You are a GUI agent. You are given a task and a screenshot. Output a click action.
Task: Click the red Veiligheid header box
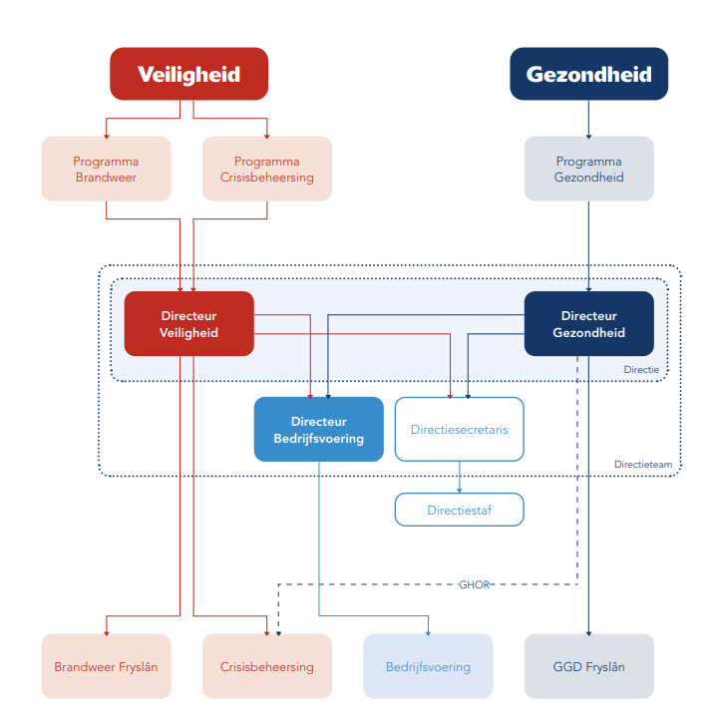(188, 74)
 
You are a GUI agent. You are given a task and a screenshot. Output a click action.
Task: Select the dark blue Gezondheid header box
(588, 74)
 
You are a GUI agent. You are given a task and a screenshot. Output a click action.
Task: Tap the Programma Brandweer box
(106, 169)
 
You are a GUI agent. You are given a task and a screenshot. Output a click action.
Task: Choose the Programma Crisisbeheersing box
(266, 169)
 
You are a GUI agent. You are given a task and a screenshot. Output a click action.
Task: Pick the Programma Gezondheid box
(588, 169)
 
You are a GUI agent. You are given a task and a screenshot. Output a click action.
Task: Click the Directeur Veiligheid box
(188, 323)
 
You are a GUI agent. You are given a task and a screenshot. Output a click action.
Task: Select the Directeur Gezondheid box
(588, 323)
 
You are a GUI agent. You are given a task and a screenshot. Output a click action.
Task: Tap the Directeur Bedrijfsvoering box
(318, 429)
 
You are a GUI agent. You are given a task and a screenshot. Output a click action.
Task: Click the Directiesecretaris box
(459, 429)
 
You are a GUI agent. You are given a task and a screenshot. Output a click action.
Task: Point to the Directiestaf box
(459, 510)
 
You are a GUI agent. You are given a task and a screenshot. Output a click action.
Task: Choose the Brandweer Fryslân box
(106, 666)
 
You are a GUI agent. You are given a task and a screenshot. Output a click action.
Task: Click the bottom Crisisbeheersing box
(266, 666)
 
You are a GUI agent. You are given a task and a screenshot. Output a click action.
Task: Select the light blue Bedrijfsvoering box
(428, 666)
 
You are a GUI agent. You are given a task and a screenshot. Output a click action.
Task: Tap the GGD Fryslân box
(588, 666)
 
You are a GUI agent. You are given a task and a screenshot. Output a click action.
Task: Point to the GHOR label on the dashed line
(475, 584)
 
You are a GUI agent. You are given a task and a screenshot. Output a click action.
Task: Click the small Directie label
(641, 369)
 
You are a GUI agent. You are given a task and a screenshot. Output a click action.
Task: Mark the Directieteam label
(641, 464)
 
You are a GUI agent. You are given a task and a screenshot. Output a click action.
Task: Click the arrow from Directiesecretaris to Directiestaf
(459, 477)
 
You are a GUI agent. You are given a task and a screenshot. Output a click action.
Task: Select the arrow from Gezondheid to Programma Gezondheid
(588, 118)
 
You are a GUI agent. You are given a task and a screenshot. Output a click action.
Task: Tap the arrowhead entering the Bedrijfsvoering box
(428, 631)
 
